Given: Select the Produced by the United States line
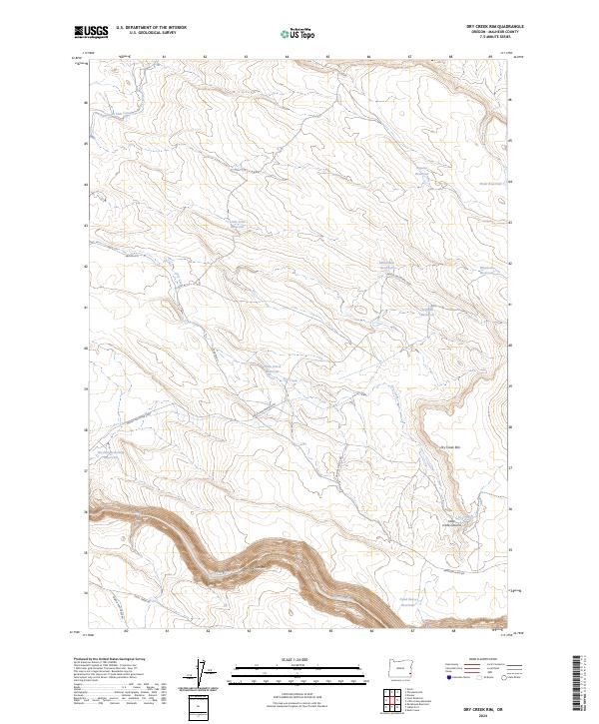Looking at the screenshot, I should click(x=110, y=660).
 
